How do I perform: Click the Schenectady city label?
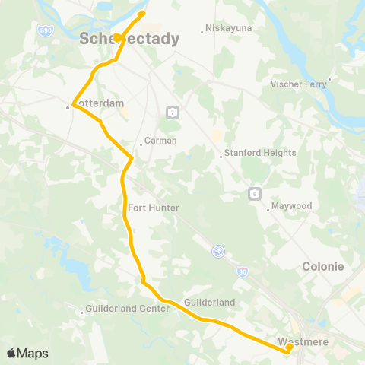[129, 39]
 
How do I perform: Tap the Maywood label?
[293, 206]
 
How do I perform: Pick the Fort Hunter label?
[154, 208]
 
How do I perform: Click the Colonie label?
[323, 267]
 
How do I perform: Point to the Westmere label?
[303, 341]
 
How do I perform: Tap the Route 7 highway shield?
[173, 113]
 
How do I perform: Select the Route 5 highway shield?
[254, 192]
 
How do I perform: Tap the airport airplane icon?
[218, 251]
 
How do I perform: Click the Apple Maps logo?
[27, 353]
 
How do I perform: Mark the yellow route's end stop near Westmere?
[289, 348]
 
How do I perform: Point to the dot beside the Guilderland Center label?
[82, 312]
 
